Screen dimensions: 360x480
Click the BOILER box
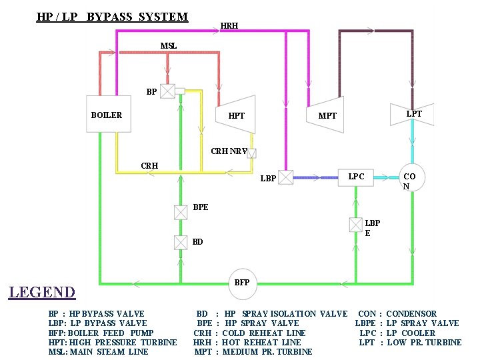107,115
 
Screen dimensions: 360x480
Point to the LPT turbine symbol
413,115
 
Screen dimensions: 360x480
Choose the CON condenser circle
411,178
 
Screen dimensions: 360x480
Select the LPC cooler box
357,177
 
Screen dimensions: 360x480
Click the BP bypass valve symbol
168,91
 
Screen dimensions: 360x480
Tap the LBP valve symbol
285,177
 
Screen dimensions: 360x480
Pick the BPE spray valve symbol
181,213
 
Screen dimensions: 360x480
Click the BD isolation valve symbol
181,242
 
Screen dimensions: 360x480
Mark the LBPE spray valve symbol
356,225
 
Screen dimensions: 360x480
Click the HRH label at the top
229,27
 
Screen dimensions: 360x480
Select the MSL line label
169,46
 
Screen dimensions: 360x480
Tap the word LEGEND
41,292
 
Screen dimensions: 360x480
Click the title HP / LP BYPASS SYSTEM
112,17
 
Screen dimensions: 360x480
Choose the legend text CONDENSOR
411,314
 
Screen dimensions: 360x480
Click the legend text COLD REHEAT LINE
264,333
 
